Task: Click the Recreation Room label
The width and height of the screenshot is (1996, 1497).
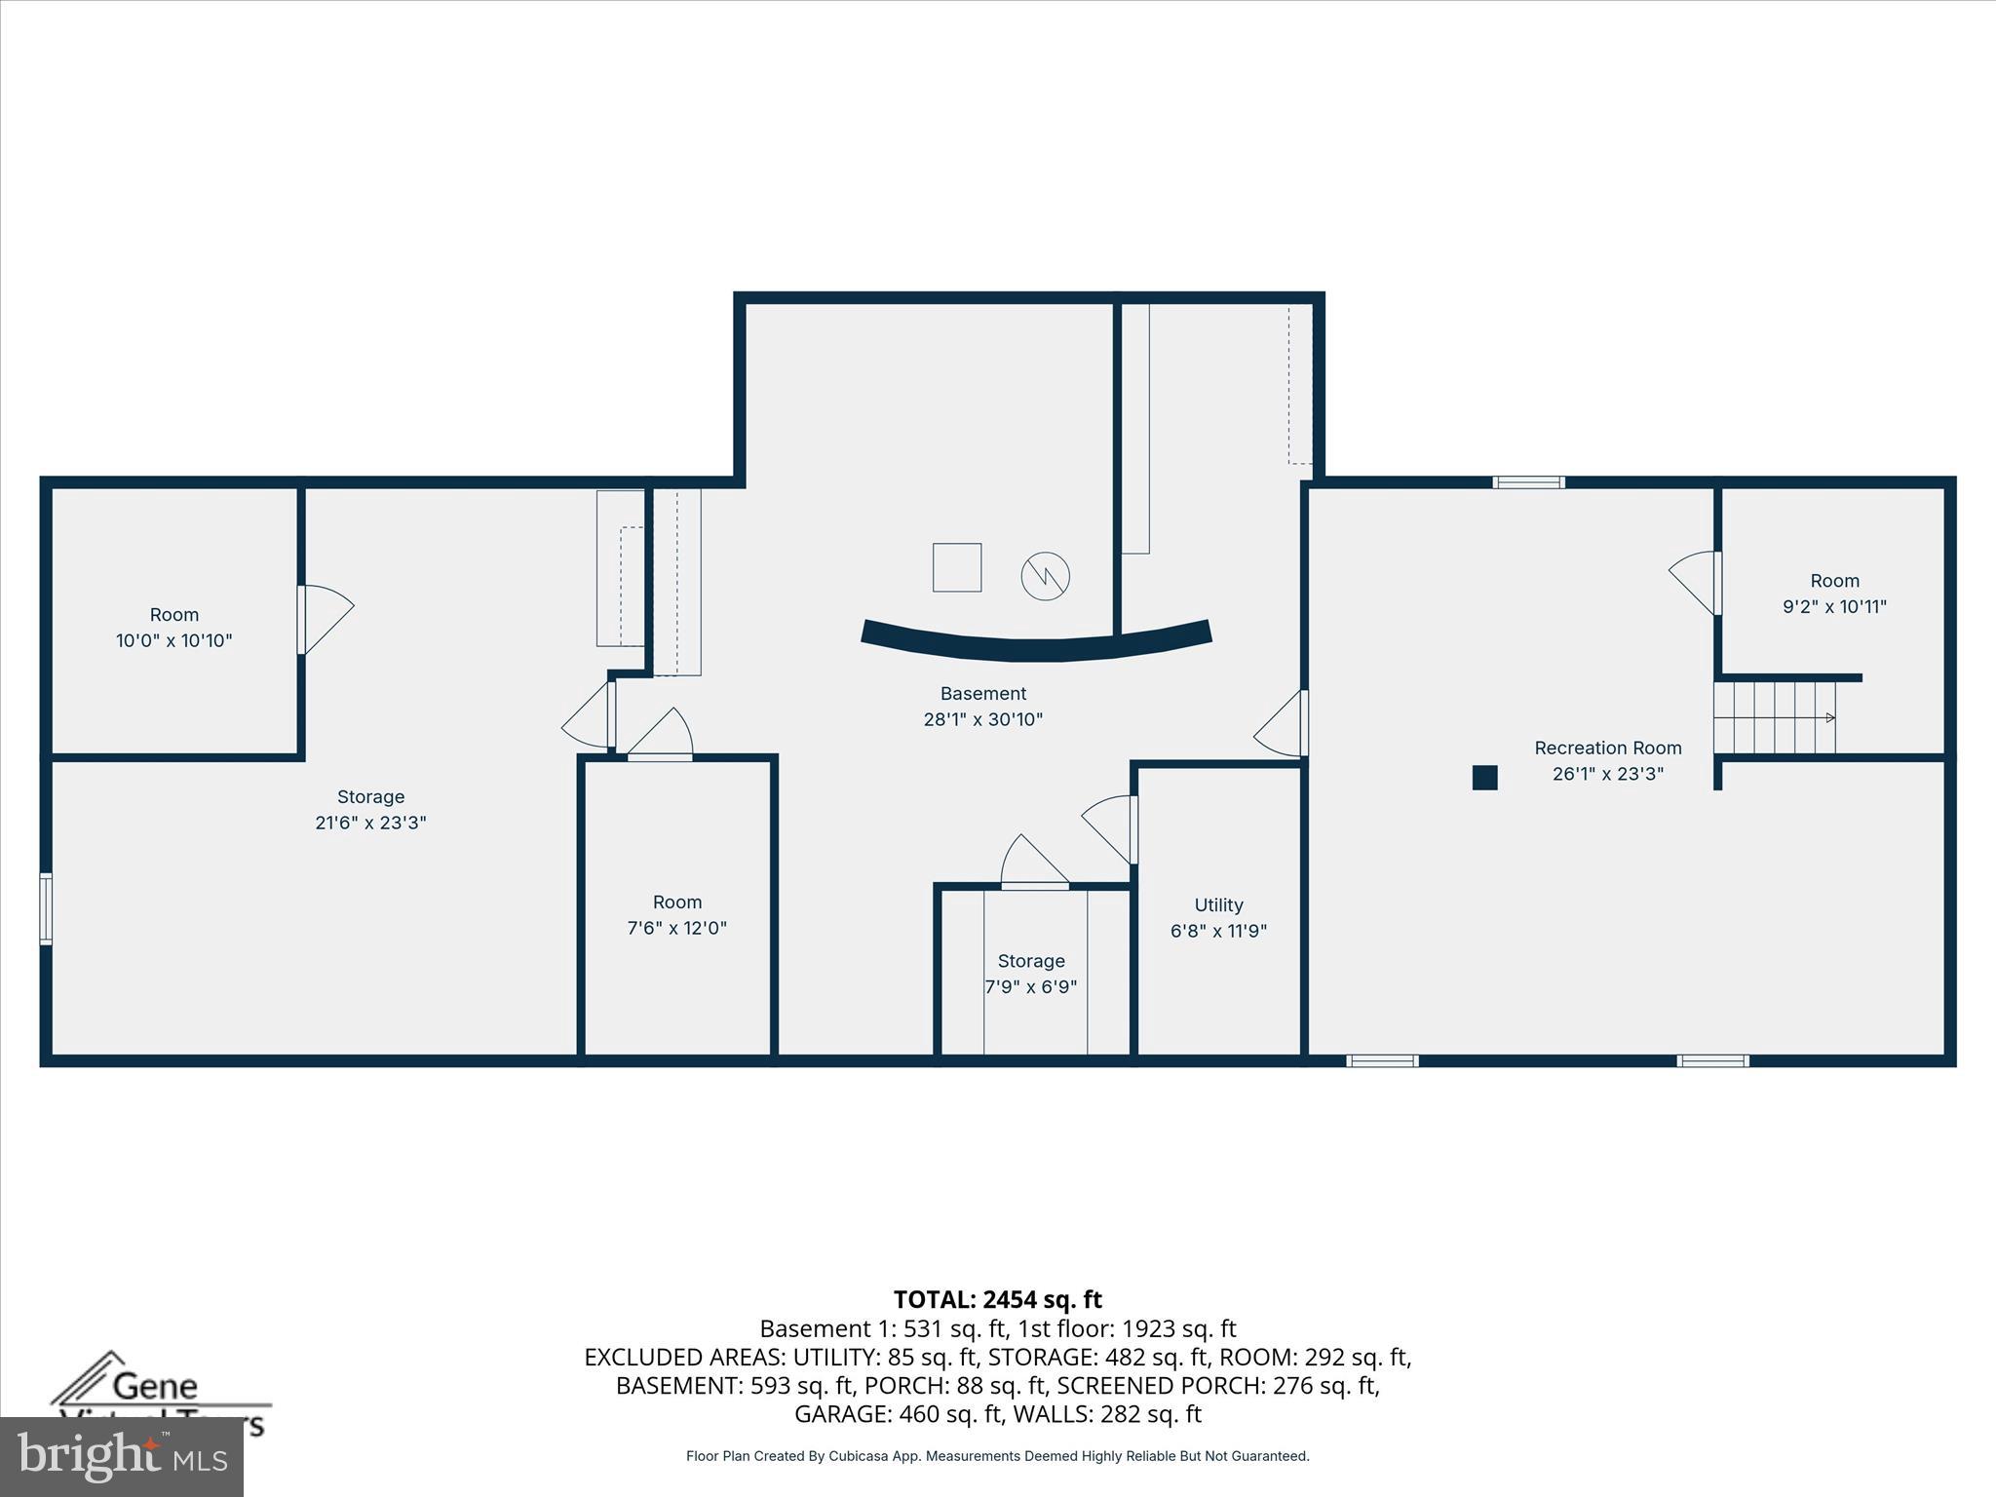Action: pos(1607,748)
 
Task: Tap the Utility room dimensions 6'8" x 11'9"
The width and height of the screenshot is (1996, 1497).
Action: pos(1218,931)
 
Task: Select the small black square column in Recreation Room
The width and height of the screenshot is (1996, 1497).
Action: pos(1484,778)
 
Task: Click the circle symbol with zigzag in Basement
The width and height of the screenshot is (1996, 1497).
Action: pos(1045,577)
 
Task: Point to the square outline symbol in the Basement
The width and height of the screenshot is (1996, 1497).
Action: pos(956,567)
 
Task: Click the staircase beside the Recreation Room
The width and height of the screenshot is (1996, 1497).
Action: pos(1775,718)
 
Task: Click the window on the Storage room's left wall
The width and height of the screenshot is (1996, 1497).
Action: pos(46,908)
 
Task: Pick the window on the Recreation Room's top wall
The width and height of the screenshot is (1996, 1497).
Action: pos(1528,482)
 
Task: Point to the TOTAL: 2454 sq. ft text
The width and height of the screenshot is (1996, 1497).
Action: pos(997,1299)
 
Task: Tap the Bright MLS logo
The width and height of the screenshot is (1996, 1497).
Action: pos(122,1456)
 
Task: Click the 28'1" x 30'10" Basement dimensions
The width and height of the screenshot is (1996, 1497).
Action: pos(982,720)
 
